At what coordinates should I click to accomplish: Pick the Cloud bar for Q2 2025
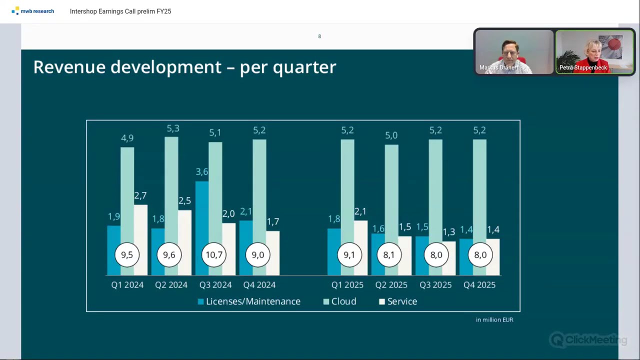pyautogui.click(x=391, y=194)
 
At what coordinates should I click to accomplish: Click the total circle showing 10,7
pyautogui.click(x=214, y=254)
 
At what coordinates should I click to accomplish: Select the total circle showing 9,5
pyautogui.click(x=127, y=254)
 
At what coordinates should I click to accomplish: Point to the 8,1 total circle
pyautogui.click(x=389, y=254)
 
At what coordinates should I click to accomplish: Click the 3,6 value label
pyautogui.click(x=202, y=171)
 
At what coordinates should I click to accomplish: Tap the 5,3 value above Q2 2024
pyautogui.click(x=173, y=128)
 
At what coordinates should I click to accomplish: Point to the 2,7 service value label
pyautogui.click(x=140, y=195)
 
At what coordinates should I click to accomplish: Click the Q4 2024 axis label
pyautogui.click(x=259, y=285)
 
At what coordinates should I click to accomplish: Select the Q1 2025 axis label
pyautogui.click(x=347, y=285)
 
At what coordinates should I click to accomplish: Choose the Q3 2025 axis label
pyautogui.click(x=435, y=285)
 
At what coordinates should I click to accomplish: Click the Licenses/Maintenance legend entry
pyautogui.click(x=249, y=301)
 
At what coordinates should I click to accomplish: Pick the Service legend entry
pyautogui.click(x=398, y=301)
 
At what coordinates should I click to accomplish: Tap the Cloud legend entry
pyautogui.click(x=339, y=301)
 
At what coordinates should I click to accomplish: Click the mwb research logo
pyautogui.click(x=32, y=11)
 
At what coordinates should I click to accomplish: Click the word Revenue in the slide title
pyautogui.click(x=69, y=67)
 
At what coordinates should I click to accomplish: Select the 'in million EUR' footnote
pyautogui.click(x=494, y=319)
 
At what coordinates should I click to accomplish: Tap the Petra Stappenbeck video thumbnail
pyautogui.click(x=594, y=51)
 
